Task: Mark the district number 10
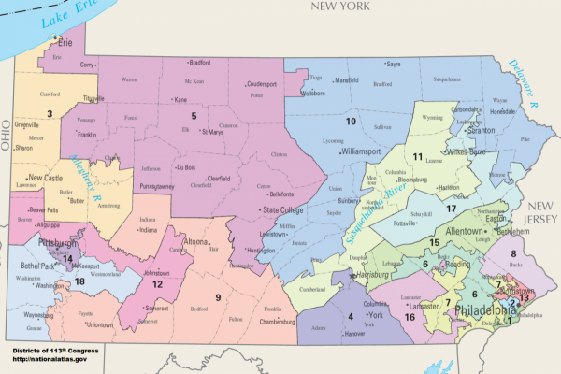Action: (x=351, y=122)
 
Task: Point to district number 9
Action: (x=218, y=297)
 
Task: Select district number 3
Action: (x=50, y=112)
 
